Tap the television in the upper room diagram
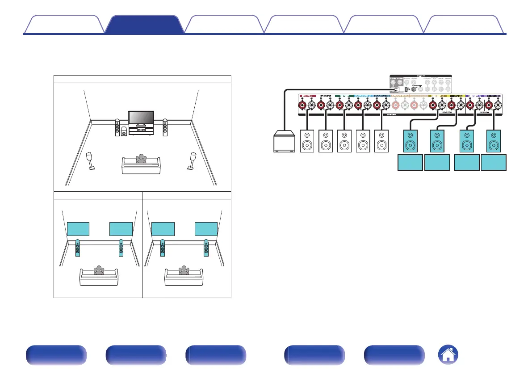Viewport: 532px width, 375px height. point(141,118)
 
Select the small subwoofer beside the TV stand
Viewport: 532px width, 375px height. point(123,132)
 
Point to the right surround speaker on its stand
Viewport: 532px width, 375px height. point(193,160)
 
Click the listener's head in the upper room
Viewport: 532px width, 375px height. point(142,157)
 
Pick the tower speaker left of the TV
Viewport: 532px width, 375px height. point(117,128)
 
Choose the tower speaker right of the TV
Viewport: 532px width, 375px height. point(165,128)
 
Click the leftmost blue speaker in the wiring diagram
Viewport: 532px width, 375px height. point(410,141)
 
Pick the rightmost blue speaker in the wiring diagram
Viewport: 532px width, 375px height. point(494,141)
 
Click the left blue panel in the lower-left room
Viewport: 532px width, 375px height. point(78,228)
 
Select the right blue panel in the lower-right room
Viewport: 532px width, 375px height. point(206,228)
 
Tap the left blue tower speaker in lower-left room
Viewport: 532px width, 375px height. point(78,249)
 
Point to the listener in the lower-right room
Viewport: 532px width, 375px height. point(183,272)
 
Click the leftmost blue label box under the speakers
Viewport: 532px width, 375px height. point(410,163)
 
